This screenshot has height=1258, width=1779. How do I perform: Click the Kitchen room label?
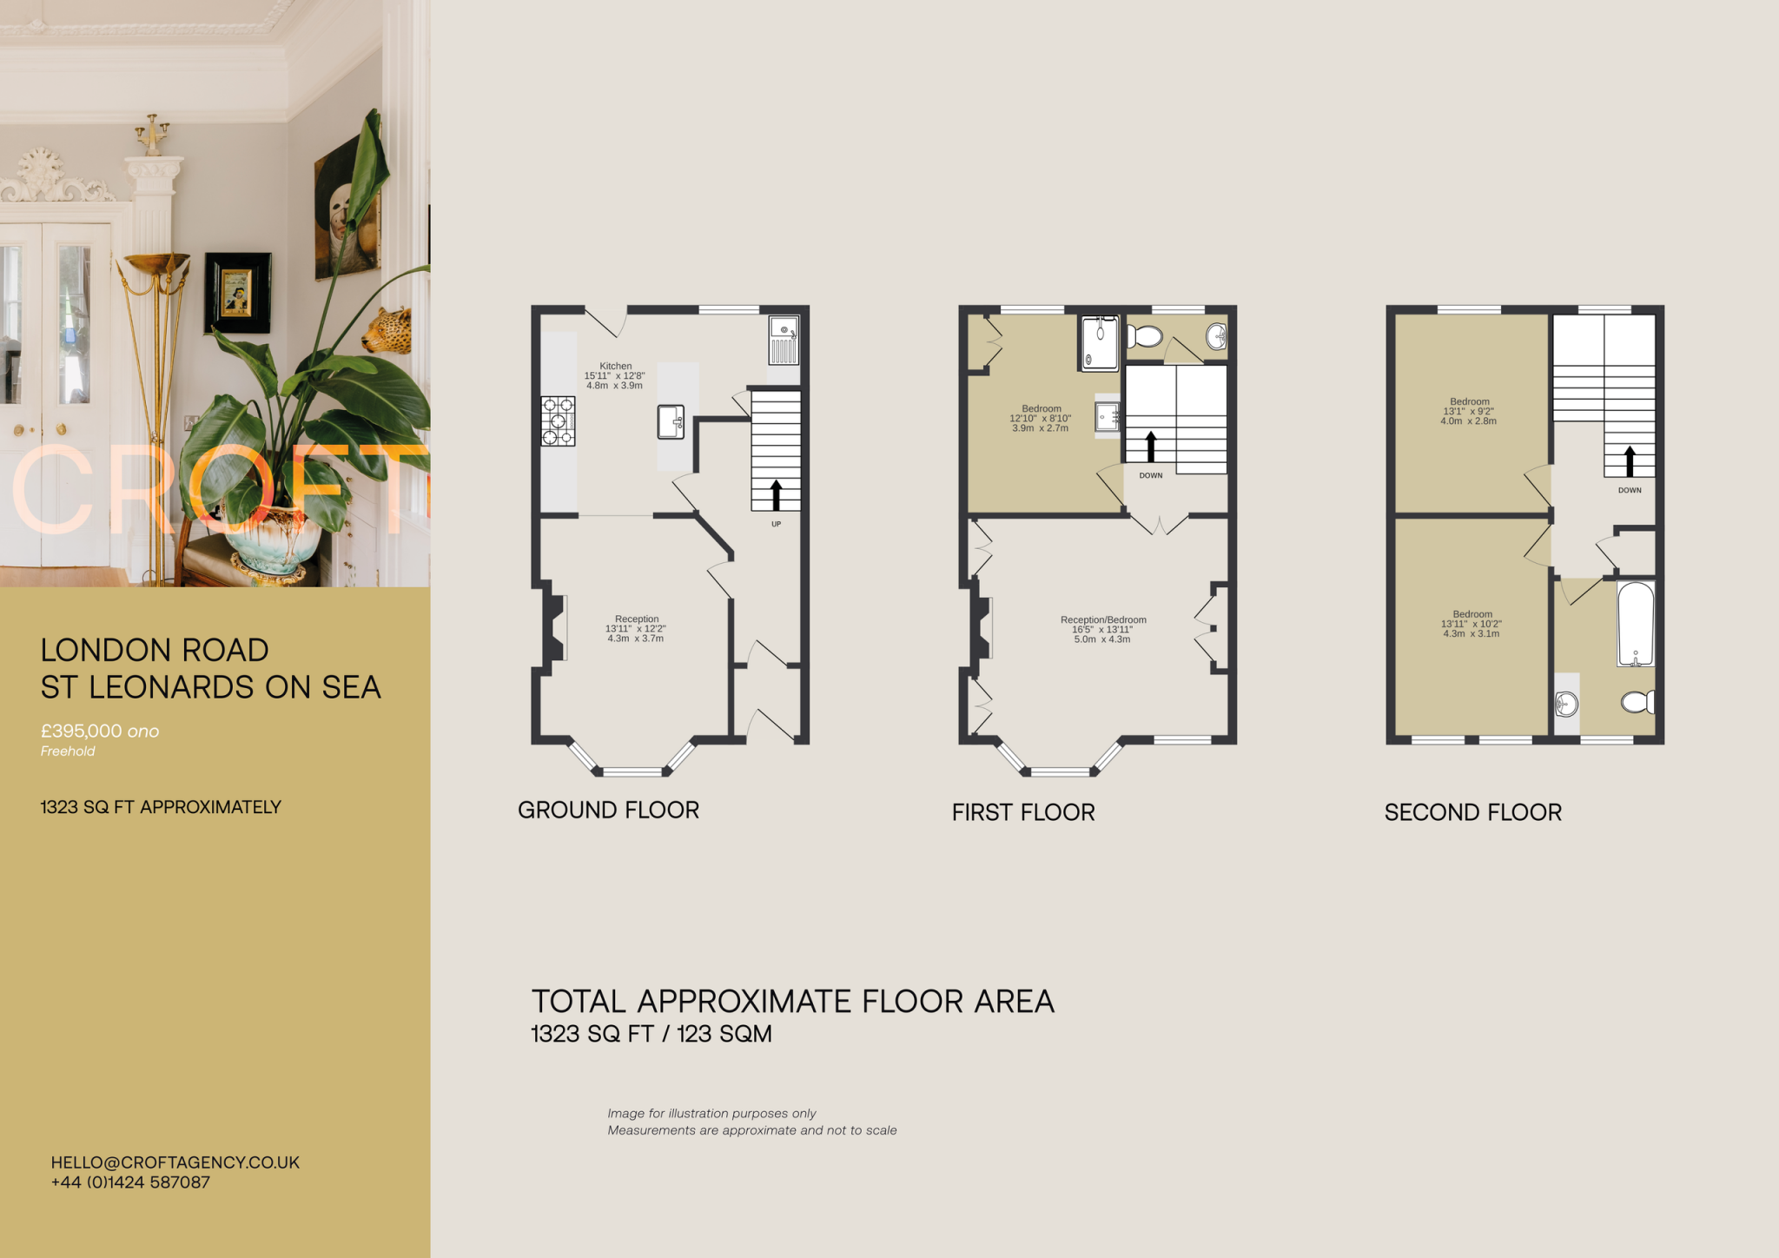pyautogui.click(x=615, y=367)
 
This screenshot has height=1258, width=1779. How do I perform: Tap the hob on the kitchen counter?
pyautogui.click(x=558, y=420)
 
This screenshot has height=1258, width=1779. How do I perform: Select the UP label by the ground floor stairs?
pyautogui.click(x=776, y=524)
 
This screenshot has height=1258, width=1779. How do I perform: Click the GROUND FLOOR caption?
pyautogui.click(x=608, y=810)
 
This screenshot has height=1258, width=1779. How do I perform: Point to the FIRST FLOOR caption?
pyautogui.click(x=1023, y=812)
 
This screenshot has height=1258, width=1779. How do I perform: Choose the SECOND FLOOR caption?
pyautogui.click(x=1472, y=812)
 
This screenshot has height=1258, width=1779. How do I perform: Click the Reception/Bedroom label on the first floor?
pyautogui.click(x=1103, y=620)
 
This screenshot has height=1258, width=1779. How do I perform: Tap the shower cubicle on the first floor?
pyautogui.click(x=1100, y=342)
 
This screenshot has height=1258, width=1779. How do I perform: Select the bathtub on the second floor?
pyautogui.click(x=1636, y=624)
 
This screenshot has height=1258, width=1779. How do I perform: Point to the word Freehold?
pyautogui.click(x=68, y=751)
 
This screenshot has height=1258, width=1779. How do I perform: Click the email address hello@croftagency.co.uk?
pyautogui.click(x=175, y=1162)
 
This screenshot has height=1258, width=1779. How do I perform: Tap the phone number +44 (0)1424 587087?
pyautogui.click(x=130, y=1182)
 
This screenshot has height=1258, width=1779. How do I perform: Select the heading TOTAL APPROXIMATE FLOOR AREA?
pyautogui.click(x=792, y=1002)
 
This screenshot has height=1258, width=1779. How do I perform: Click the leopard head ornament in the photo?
pyautogui.click(x=387, y=331)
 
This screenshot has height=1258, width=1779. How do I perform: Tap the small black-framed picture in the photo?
pyautogui.click(x=237, y=292)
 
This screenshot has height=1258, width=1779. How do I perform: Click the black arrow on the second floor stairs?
pyautogui.click(x=1630, y=460)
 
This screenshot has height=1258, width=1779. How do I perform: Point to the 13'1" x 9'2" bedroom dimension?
pyautogui.click(x=1469, y=412)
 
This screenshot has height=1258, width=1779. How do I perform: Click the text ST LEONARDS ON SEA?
pyautogui.click(x=210, y=687)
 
